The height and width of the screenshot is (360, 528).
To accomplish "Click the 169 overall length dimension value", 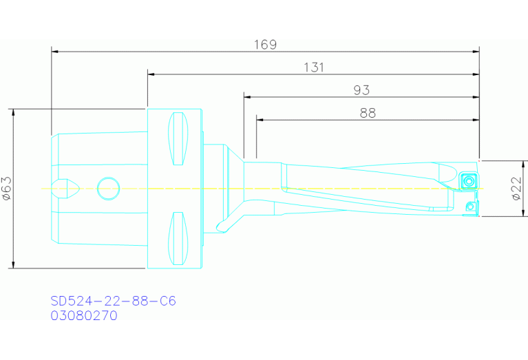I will pyautogui.click(x=265, y=45).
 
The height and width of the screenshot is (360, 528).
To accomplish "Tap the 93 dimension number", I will pyautogui.click(x=361, y=90).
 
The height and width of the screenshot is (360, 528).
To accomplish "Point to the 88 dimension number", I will pyautogui.click(x=368, y=114).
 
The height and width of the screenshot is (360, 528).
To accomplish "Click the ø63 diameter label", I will pyautogui.click(x=7, y=188).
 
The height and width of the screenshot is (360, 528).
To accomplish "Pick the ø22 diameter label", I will pyautogui.click(x=518, y=188).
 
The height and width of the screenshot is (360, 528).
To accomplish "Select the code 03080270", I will pyautogui.click(x=83, y=316).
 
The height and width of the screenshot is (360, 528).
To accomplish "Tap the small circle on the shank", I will pyautogui.click(x=107, y=187).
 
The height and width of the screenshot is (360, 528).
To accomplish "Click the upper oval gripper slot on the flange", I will pyautogui.click(x=178, y=138).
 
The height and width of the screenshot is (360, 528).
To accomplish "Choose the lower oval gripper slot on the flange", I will pyautogui.click(x=178, y=238).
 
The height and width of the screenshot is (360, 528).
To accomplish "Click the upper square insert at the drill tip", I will pyautogui.click(x=469, y=181).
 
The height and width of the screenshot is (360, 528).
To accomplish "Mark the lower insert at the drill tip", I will pyautogui.click(x=470, y=206).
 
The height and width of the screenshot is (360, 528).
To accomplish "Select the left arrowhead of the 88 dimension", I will pyautogui.click(x=260, y=120).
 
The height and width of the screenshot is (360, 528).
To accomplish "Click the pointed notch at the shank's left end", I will pyautogui.click(x=70, y=187).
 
